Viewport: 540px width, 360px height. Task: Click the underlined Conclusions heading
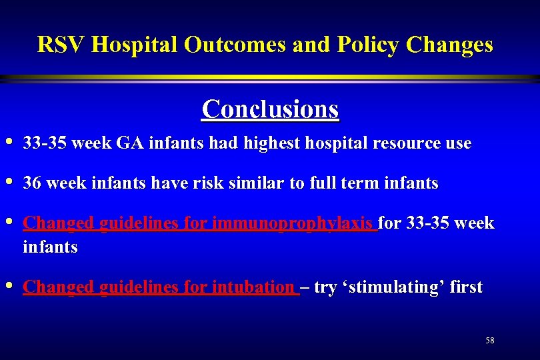[270, 108]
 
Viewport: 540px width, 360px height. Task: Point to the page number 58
[490, 341]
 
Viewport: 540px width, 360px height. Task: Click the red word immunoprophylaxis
[295, 223]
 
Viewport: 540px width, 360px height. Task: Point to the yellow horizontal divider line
[270, 79]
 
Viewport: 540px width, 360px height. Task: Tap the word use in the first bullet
[459, 143]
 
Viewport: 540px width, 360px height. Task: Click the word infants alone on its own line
[50, 247]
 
